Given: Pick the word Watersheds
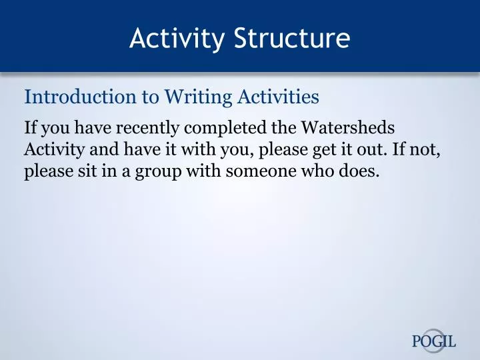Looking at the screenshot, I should point(349,127).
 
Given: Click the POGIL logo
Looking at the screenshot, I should point(434,341).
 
